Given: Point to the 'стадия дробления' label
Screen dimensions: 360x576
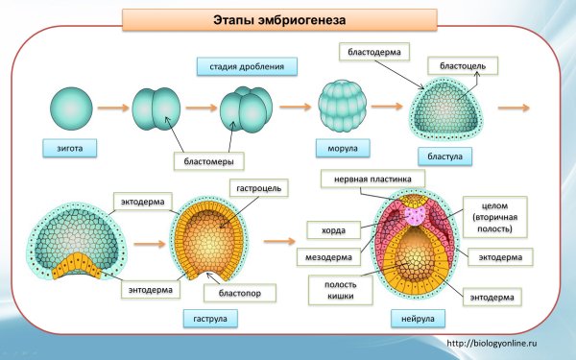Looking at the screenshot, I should [247, 66].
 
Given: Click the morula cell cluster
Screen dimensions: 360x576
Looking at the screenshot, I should [341, 108].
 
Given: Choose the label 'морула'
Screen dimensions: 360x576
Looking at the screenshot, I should [336, 149].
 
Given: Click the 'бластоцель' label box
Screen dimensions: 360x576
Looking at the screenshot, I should [463, 66].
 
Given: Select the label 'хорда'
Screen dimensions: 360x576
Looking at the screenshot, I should [321, 229].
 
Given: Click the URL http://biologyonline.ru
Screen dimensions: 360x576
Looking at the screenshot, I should [503, 342].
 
